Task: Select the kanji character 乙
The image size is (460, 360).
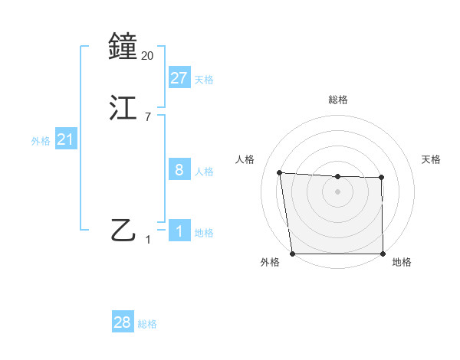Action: click(x=123, y=229)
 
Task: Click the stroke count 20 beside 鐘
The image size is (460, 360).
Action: click(x=148, y=56)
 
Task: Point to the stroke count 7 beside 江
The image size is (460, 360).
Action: click(x=148, y=117)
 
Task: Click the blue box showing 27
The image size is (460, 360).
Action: click(x=179, y=77)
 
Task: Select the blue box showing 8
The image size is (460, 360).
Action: click(x=179, y=170)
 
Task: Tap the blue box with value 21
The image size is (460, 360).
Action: click(x=66, y=140)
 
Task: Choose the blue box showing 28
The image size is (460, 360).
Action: click(x=123, y=322)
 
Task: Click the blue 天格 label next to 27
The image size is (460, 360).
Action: click(x=204, y=79)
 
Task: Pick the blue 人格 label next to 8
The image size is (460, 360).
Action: click(x=204, y=172)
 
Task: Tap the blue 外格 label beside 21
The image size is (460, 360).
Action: click(x=41, y=141)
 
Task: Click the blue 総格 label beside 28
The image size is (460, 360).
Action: click(x=147, y=324)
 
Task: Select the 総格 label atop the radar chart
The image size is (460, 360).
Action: click(x=337, y=100)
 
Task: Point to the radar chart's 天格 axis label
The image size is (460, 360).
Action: click(x=431, y=159)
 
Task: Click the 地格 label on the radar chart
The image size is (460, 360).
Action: click(x=402, y=262)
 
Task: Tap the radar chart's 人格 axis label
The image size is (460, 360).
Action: click(x=245, y=159)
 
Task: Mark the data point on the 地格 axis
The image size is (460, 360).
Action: click(x=383, y=254)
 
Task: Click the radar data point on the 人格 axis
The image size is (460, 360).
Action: click(x=280, y=172)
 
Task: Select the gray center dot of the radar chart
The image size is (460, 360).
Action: click(x=337, y=191)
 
